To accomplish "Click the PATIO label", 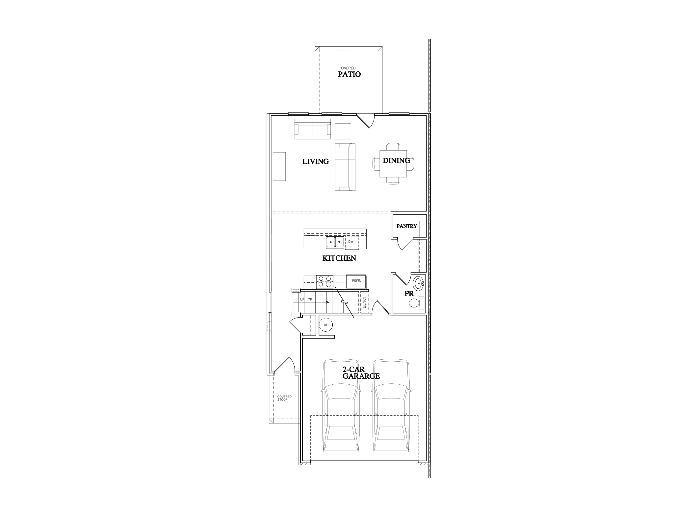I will [349, 74].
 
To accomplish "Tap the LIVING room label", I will [316, 161].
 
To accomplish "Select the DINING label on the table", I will [396, 160].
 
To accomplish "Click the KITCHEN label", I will [339, 258].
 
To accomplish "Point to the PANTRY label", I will [406, 226].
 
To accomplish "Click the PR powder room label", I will [409, 294].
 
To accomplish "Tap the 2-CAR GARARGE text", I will [361, 373].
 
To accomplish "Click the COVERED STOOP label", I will [284, 398].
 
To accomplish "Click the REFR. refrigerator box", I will [356, 281].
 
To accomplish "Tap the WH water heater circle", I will [326, 325].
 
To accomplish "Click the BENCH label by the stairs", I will [364, 302].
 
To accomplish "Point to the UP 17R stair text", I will [306, 300].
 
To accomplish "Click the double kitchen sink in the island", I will [335, 242].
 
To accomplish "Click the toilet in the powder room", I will [415, 303].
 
